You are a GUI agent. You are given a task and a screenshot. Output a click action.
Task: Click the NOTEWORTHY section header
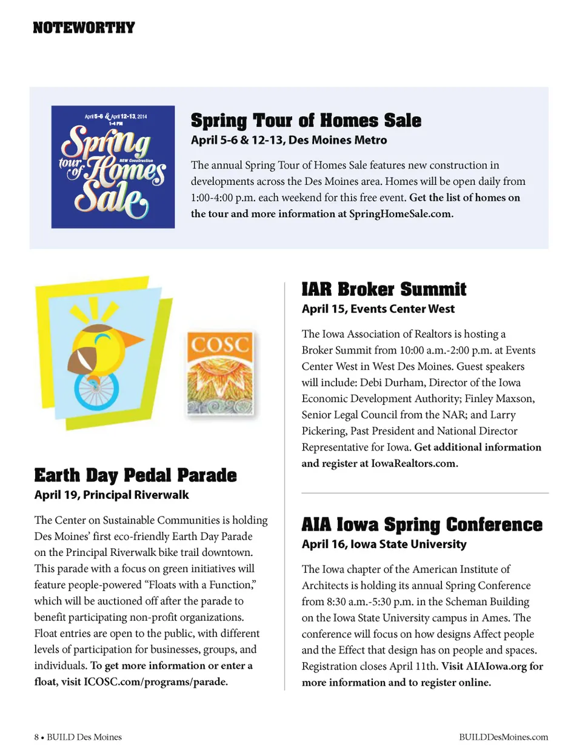(x=84, y=28)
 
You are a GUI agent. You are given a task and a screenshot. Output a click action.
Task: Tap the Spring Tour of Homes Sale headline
(x=306, y=121)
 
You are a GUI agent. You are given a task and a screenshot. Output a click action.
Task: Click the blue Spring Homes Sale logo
(x=113, y=167)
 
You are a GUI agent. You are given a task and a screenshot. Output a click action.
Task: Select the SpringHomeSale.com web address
(x=400, y=214)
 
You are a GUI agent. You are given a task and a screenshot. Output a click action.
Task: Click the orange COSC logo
(x=219, y=373)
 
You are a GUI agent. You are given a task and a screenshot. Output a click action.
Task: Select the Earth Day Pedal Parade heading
(x=135, y=475)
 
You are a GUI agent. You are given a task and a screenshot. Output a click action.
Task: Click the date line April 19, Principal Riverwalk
(x=112, y=495)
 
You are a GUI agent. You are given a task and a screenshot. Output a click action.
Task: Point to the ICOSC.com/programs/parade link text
(x=155, y=682)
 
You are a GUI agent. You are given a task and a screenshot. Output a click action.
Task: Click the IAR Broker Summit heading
(x=384, y=289)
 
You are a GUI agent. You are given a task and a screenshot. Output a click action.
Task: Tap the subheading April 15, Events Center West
(x=378, y=309)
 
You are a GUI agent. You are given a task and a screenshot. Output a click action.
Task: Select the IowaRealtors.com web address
(x=413, y=464)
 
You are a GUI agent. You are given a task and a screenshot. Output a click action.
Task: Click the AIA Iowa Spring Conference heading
(x=422, y=524)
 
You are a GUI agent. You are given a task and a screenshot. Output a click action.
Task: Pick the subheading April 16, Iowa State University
(x=384, y=544)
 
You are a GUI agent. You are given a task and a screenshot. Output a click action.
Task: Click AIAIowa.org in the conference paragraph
(x=496, y=666)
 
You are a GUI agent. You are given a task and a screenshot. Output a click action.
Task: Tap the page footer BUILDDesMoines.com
(x=503, y=737)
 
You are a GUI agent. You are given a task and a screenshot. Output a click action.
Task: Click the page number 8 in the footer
(x=36, y=737)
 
